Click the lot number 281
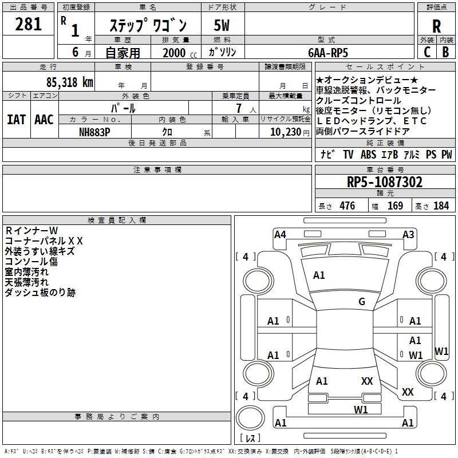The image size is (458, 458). [29, 24]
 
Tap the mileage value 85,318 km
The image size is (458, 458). [69, 82]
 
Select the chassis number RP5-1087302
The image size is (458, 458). [385, 183]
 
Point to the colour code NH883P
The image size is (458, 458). [94, 131]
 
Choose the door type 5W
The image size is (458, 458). [222, 25]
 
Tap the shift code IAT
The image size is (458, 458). [16, 120]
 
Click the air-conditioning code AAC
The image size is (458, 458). [44, 120]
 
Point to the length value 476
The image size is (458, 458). [346, 206]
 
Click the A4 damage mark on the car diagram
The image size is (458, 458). [280, 234]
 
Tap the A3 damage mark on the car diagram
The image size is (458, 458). [408, 234]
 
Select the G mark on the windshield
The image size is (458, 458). [361, 302]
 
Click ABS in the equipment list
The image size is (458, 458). [369, 155]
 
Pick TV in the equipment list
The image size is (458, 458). [348, 155]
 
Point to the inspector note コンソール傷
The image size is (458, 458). [31, 262]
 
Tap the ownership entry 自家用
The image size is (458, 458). [123, 53]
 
